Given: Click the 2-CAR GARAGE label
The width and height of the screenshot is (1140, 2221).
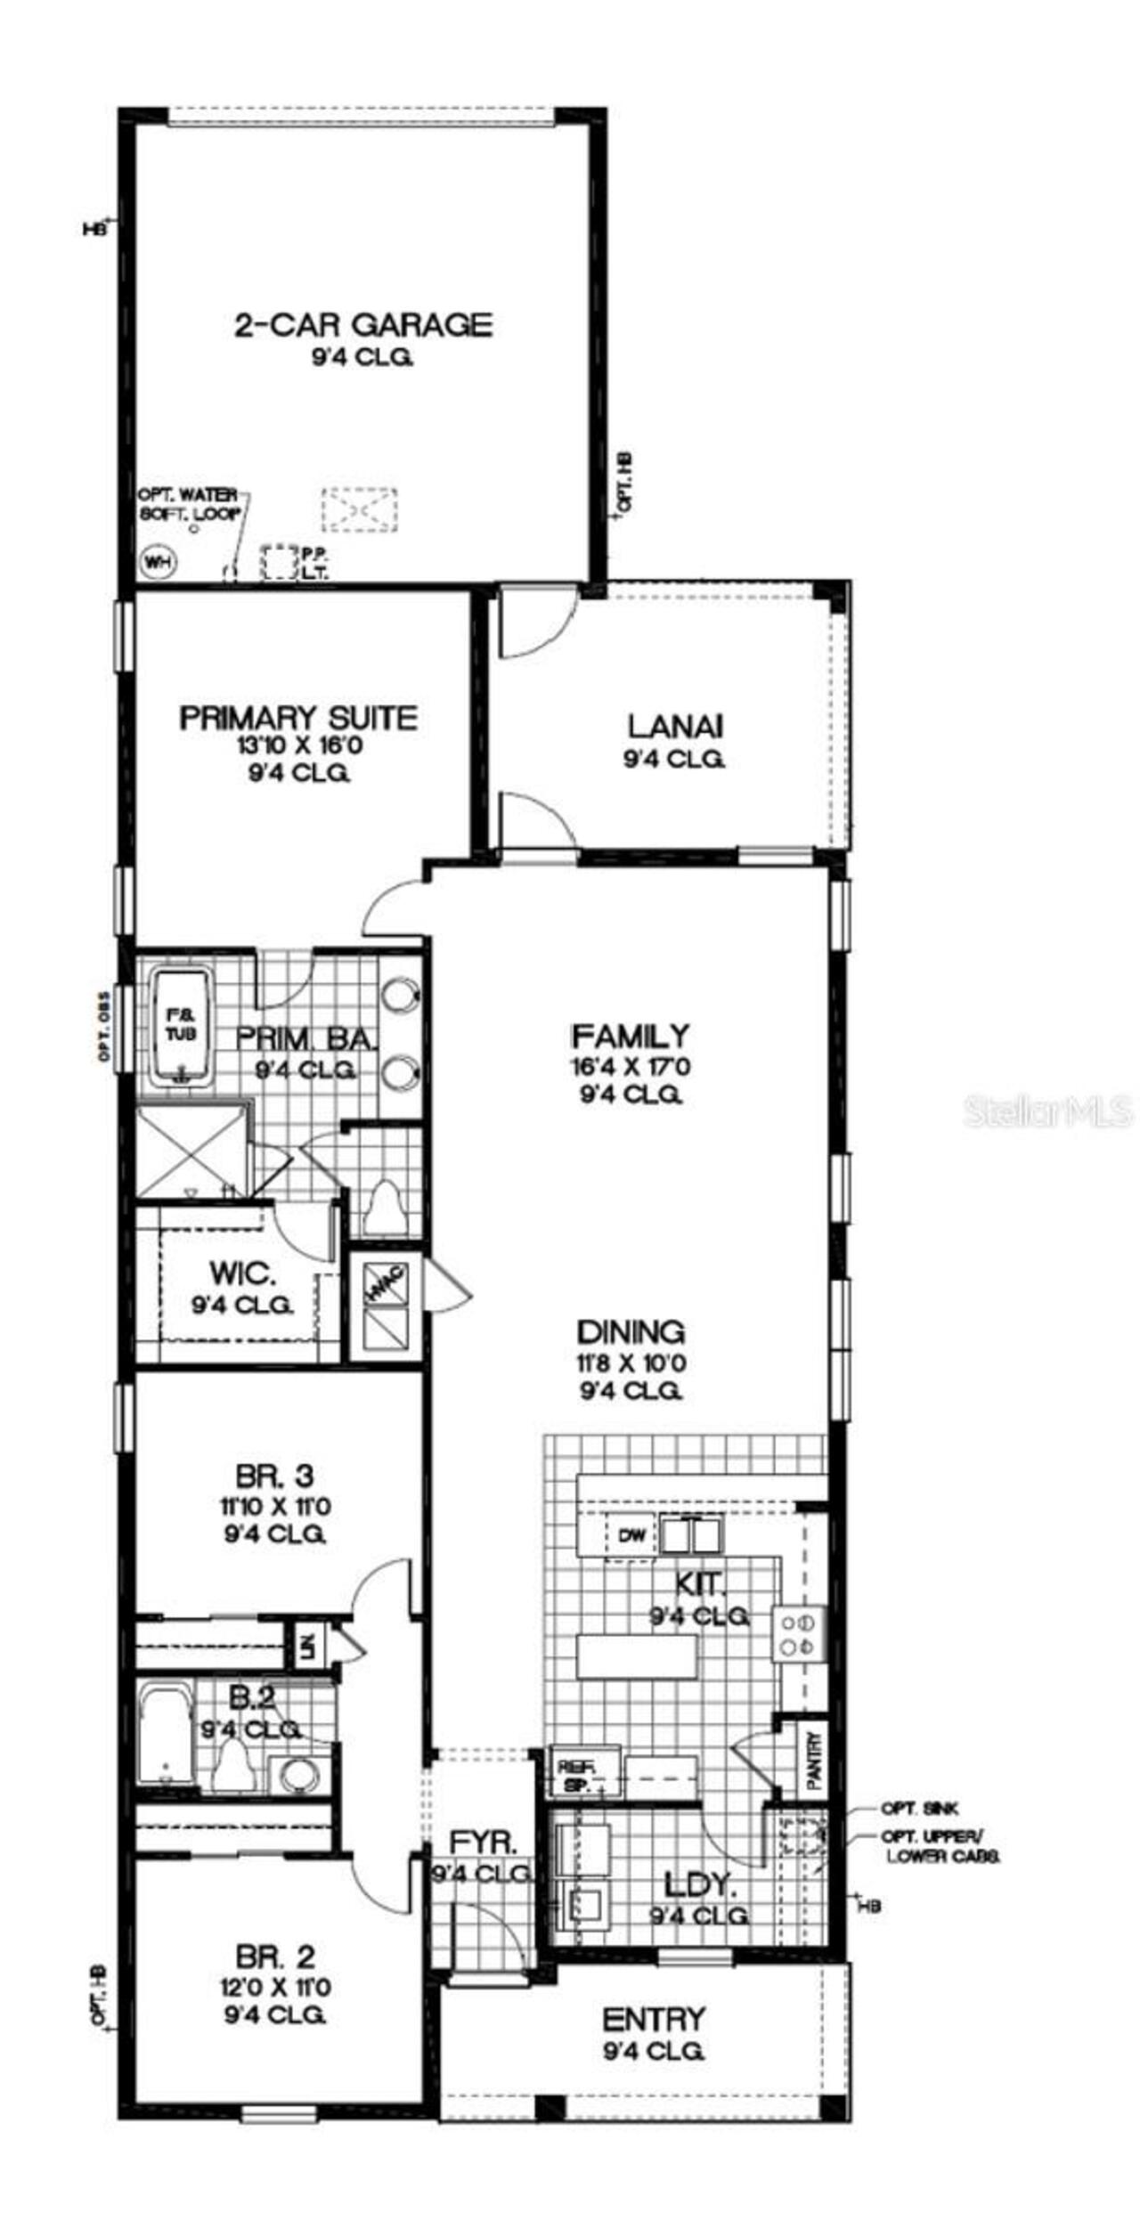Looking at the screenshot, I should (x=362, y=324).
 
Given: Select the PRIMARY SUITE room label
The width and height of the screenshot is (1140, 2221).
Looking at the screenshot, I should (x=298, y=718).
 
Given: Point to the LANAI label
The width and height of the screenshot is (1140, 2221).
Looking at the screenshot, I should (x=675, y=726).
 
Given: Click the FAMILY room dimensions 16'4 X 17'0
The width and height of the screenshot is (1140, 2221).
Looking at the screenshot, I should (x=631, y=1066).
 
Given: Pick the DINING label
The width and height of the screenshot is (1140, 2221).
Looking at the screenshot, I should (x=631, y=1332).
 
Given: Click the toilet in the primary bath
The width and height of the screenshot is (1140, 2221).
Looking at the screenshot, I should (x=385, y=1204).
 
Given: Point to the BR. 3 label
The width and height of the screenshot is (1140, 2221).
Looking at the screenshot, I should (x=274, y=1476).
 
